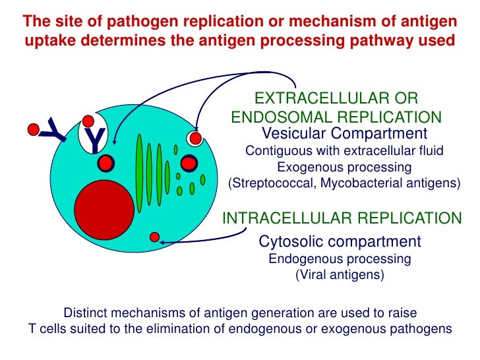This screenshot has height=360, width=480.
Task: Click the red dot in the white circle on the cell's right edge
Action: (195, 138)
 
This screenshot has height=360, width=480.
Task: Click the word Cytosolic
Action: (288, 241)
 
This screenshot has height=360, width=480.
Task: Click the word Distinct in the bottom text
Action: (84, 312)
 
